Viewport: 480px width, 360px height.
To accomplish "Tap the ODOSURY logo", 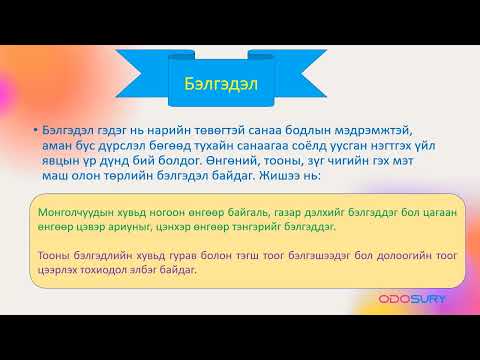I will pos(412,298).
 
